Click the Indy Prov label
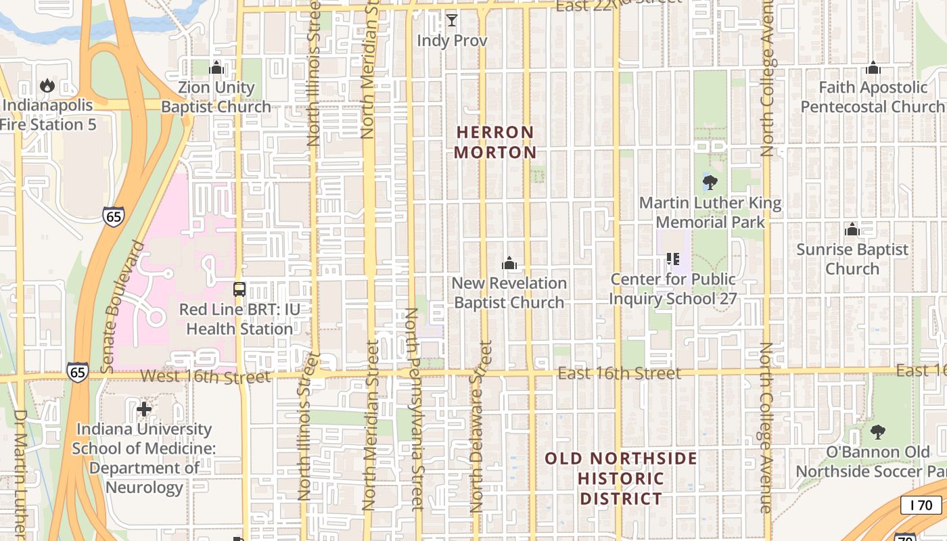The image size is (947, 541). [452, 41]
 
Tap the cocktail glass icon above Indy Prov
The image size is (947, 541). [452, 20]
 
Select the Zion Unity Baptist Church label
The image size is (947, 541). [216, 97]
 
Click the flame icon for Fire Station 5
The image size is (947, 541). [47, 85]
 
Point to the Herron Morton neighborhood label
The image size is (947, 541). [495, 142]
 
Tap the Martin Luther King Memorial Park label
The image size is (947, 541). [710, 212]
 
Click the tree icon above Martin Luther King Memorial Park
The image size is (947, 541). [710, 182]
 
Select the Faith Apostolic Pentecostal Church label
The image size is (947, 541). [873, 97]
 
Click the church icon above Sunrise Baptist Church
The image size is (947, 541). [852, 229]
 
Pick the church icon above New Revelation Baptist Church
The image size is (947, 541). [509, 262]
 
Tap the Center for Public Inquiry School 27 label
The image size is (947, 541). [673, 289]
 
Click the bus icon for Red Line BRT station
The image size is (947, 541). [239, 289]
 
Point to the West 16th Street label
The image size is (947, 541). [206, 377]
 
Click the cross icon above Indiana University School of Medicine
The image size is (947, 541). [144, 408]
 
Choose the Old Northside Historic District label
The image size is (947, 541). [621, 478]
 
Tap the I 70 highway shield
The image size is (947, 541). [921, 504]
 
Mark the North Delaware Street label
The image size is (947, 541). [481, 426]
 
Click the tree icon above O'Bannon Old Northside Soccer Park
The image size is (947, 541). [877, 431]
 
